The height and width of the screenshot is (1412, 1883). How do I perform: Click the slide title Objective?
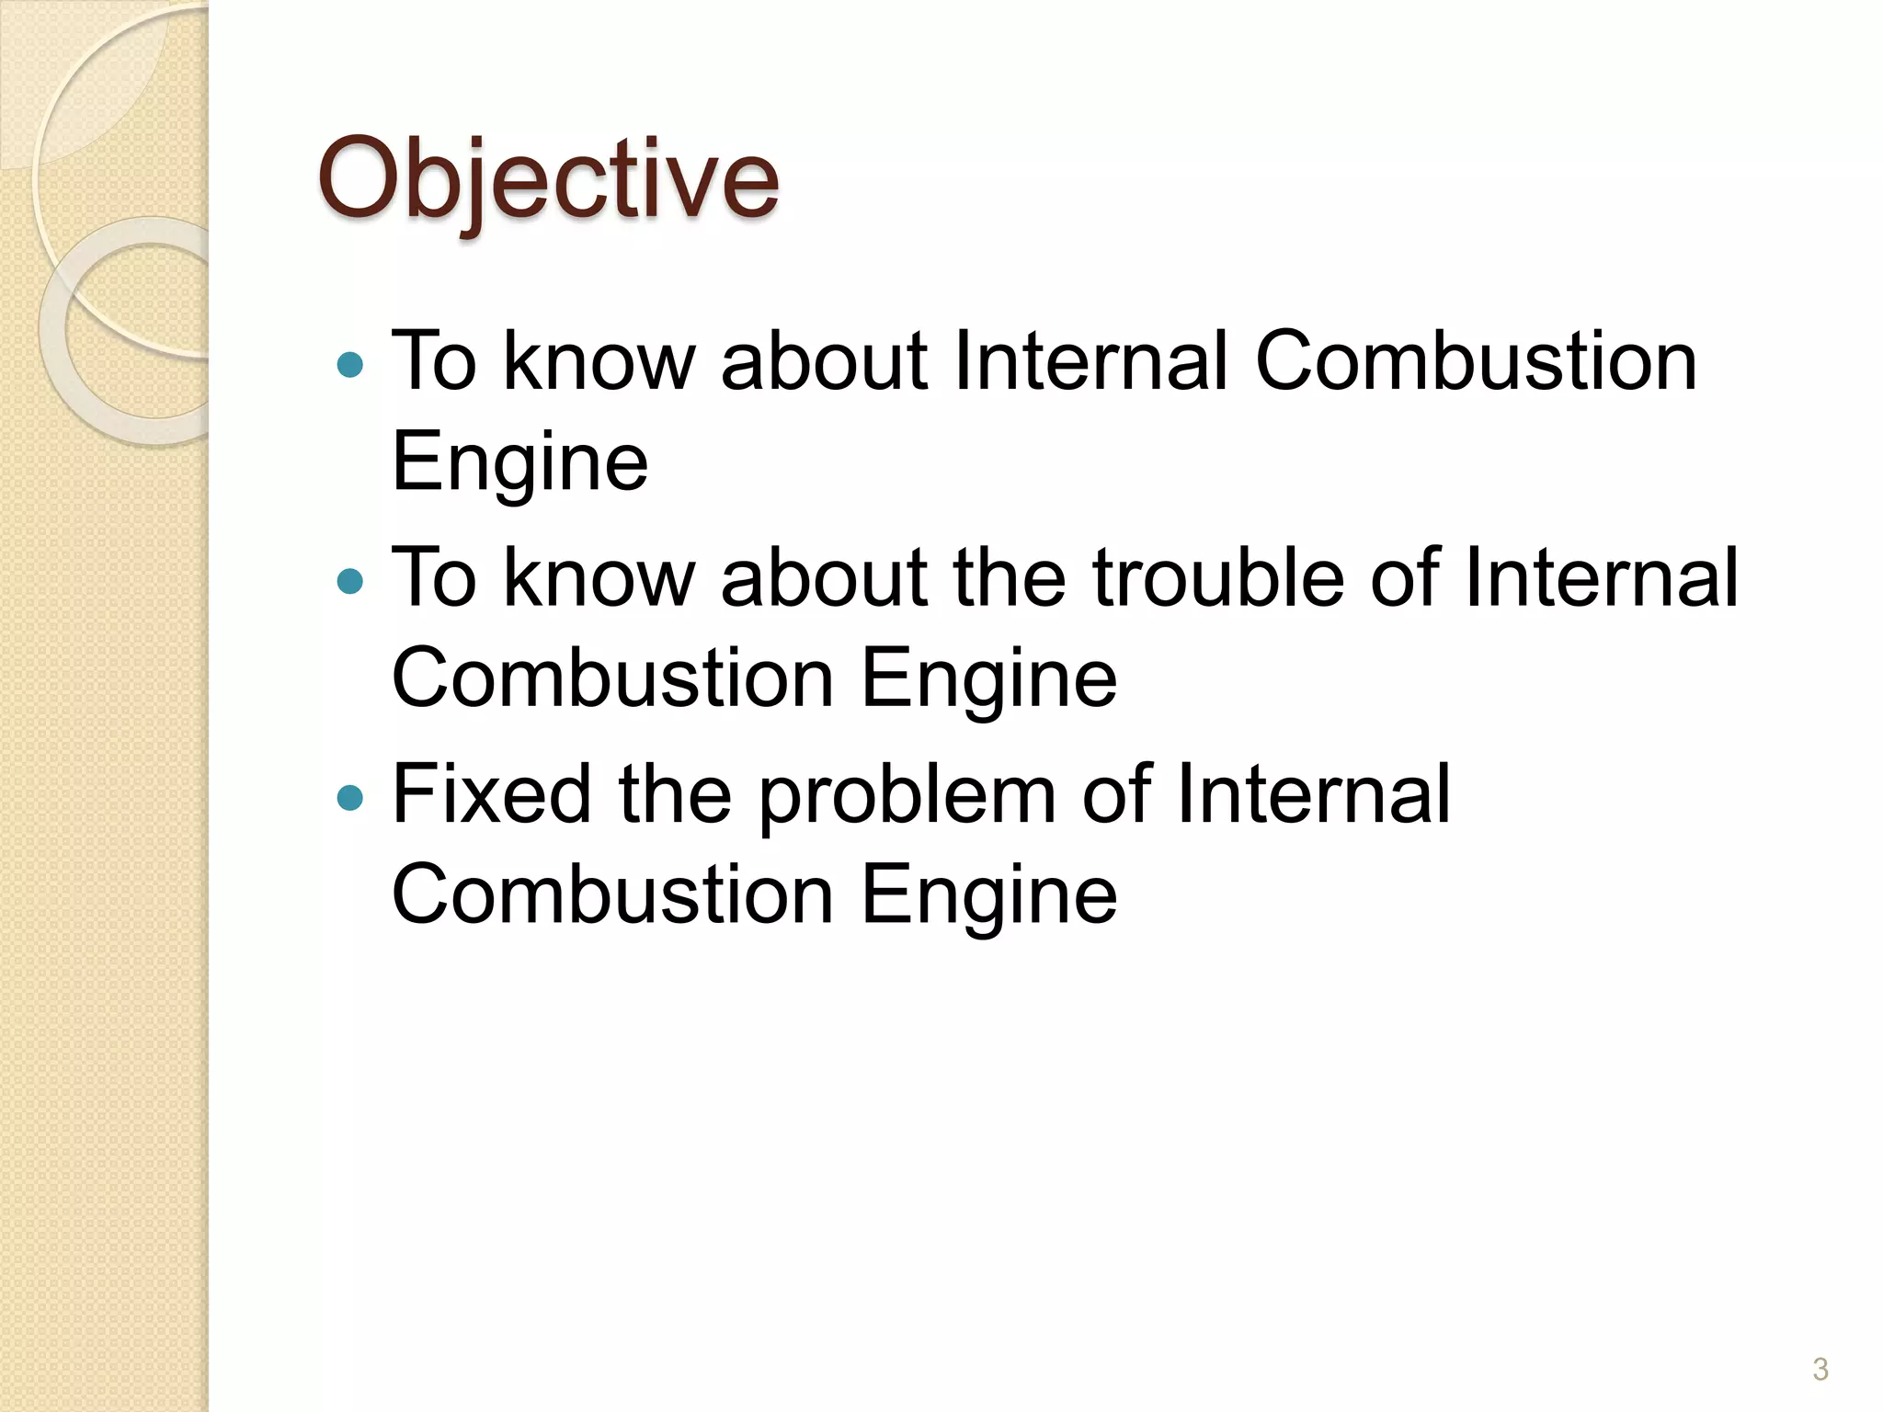(548, 179)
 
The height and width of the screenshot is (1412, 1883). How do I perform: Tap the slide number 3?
(1820, 1369)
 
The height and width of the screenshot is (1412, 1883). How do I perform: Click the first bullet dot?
(350, 366)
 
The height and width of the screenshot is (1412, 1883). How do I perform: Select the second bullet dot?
(350, 582)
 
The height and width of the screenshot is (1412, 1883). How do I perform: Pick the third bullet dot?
(350, 798)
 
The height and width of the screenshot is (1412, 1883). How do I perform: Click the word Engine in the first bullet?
(519, 462)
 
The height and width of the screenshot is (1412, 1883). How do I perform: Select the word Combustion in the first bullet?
(1476, 361)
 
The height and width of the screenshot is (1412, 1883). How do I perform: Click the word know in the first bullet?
(599, 361)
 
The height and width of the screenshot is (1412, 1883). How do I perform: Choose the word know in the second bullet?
(599, 577)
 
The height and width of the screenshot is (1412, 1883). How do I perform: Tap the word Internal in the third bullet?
(1313, 793)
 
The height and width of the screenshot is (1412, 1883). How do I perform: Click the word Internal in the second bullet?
(1601, 577)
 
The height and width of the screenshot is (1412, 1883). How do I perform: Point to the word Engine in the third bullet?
(989, 894)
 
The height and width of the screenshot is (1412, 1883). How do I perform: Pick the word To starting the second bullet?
(434, 577)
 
